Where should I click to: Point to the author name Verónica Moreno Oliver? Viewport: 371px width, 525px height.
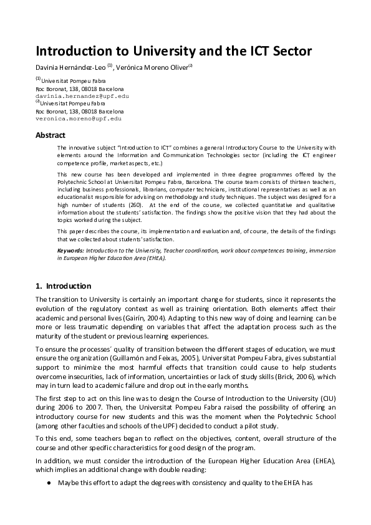click(154, 67)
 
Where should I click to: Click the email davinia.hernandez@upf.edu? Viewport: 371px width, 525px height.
click(82, 97)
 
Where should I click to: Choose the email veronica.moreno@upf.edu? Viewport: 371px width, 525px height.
click(78, 118)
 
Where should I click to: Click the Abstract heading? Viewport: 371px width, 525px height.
click(51, 135)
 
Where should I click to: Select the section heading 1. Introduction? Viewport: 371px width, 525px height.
click(63, 286)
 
